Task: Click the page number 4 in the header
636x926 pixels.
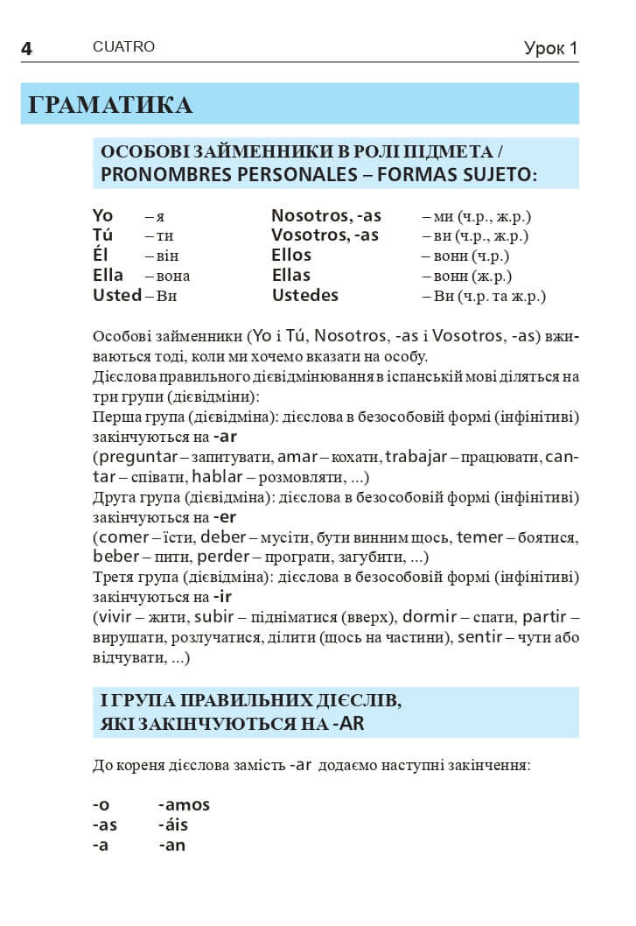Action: click(x=26, y=49)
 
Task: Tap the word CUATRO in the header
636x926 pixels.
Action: click(x=123, y=47)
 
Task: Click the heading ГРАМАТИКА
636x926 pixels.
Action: click(x=110, y=105)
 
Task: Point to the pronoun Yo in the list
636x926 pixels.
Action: click(x=103, y=216)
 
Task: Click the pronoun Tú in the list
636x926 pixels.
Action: click(x=102, y=235)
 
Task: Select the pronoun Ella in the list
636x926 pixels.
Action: click(x=108, y=276)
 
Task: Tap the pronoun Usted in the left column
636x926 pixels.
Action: click(x=116, y=296)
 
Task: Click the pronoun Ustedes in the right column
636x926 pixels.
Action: click(x=304, y=296)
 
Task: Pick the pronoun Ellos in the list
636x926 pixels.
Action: click(x=291, y=256)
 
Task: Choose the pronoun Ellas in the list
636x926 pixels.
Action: click(x=291, y=276)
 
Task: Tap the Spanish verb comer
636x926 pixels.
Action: click(x=125, y=537)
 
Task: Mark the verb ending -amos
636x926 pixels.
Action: click(x=184, y=805)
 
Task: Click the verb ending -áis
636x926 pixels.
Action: click(x=173, y=825)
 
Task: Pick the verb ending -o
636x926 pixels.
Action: click(x=101, y=805)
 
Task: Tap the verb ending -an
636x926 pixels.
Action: click(x=172, y=845)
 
